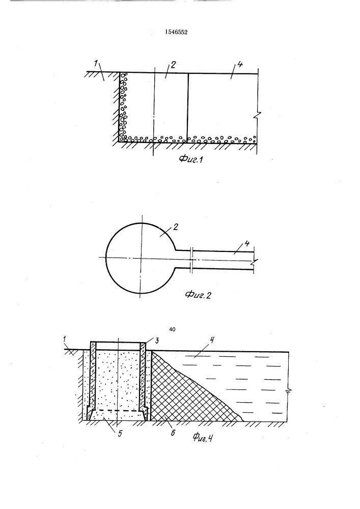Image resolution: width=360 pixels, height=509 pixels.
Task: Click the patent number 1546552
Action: point(176,32)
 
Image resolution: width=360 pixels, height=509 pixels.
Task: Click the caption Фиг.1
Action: point(191,159)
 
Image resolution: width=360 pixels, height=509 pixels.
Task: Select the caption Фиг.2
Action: point(198,295)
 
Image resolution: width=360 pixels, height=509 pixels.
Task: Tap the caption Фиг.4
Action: point(203,438)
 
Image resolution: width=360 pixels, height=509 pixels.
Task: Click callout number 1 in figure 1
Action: point(96,63)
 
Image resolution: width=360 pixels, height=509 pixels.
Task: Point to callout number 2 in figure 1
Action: point(173,65)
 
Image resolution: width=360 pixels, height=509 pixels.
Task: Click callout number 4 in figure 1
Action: point(239,64)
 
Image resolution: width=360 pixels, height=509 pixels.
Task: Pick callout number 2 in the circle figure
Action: point(176,227)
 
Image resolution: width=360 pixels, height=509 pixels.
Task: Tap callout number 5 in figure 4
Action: point(120,433)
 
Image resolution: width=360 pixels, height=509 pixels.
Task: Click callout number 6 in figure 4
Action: point(173,432)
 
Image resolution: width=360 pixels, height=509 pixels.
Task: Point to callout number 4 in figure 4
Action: point(212,340)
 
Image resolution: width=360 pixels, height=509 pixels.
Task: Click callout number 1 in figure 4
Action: point(65,340)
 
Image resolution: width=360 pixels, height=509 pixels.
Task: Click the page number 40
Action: point(173,329)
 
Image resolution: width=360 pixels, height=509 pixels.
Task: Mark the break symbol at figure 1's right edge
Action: point(258,115)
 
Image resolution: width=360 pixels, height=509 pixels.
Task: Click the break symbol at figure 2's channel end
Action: point(254,260)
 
